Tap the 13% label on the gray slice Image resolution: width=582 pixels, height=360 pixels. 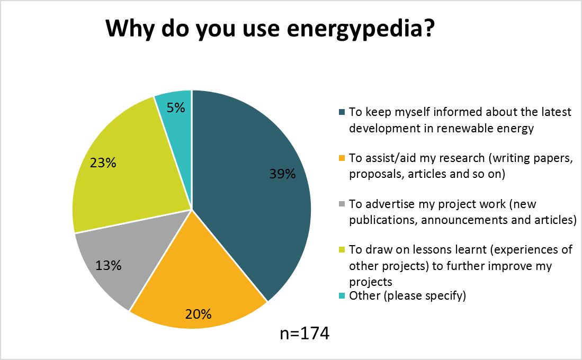tap(109, 265)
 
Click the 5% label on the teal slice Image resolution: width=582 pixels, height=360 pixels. tap(175, 108)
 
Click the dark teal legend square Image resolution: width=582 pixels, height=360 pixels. tap(342, 112)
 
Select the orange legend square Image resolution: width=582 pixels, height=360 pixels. tap(342, 158)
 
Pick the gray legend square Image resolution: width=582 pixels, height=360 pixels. tap(342, 204)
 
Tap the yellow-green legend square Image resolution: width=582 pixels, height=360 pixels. tap(342, 250)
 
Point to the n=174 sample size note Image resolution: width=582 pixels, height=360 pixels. tap(305, 334)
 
